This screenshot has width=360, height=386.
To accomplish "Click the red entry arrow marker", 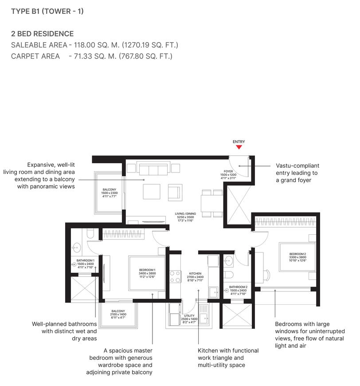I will [239, 147].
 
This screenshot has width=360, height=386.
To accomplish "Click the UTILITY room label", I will [189, 316].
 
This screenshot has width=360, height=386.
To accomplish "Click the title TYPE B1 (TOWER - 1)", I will [47, 12].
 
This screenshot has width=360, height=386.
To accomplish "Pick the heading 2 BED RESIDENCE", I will [43, 34].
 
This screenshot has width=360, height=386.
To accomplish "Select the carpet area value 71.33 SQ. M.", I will [92, 56].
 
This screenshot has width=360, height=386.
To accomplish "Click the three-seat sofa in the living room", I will [152, 169].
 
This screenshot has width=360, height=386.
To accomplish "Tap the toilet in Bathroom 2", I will [229, 274].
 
